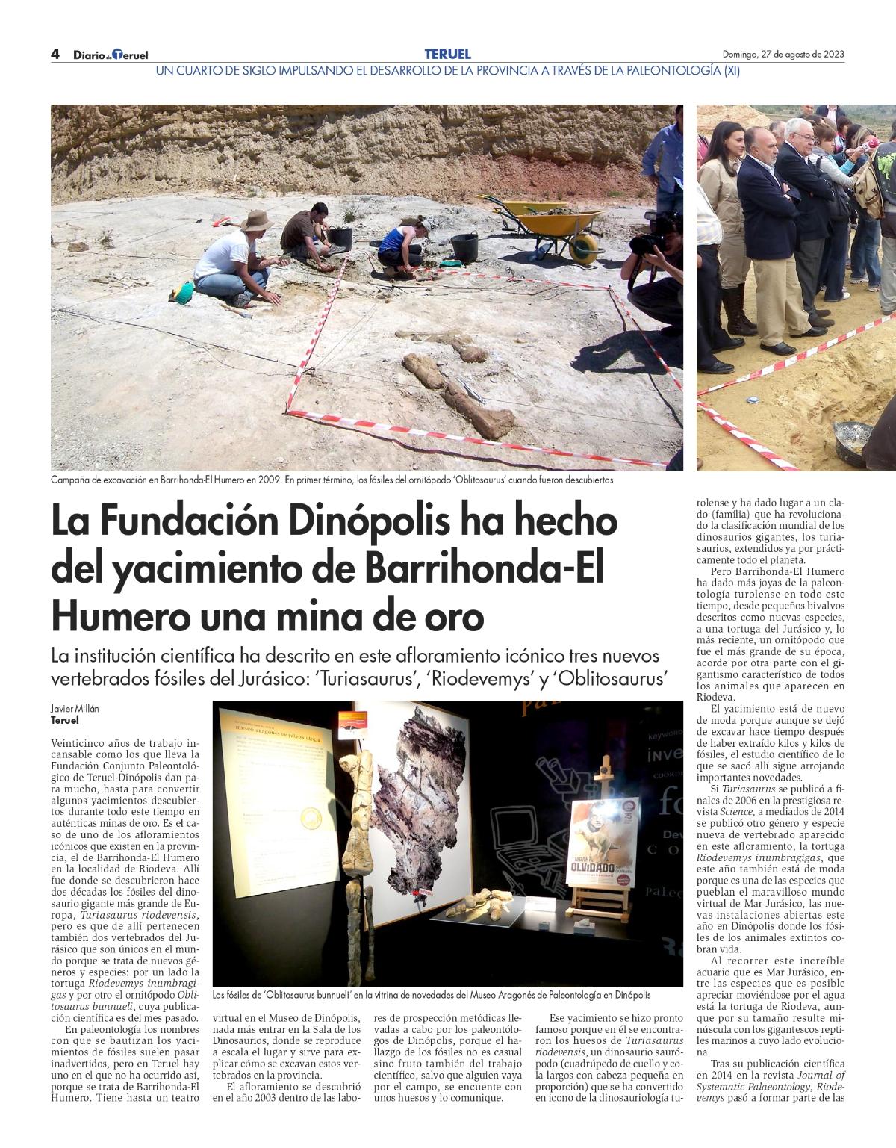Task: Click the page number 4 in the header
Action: [55, 54]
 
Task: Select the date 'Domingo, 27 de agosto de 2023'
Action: [783, 54]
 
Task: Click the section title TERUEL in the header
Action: [447, 54]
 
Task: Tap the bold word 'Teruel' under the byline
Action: [64, 721]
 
